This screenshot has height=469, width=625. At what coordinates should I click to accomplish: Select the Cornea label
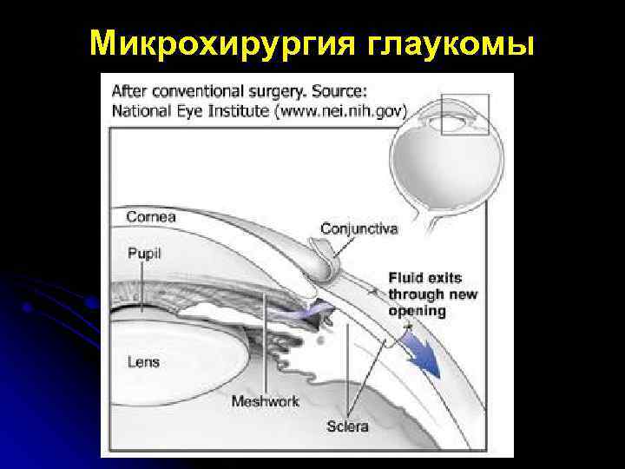[x=151, y=216]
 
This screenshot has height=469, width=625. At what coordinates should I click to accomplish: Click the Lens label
[x=143, y=361]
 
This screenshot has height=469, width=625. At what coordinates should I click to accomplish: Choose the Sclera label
[x=347, y=426]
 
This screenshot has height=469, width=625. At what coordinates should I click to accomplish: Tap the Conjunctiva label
[x=359, y=228]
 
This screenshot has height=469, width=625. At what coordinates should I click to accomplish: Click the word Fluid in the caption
[x=406, y=278]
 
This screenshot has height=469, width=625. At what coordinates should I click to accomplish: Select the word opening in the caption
[x=417, y=311]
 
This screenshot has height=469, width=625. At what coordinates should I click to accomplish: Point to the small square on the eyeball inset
[x=464, y=114]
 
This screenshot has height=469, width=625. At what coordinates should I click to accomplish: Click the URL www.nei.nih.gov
[x=354, y=110]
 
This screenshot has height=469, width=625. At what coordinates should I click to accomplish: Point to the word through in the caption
[x=418, y=294]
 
